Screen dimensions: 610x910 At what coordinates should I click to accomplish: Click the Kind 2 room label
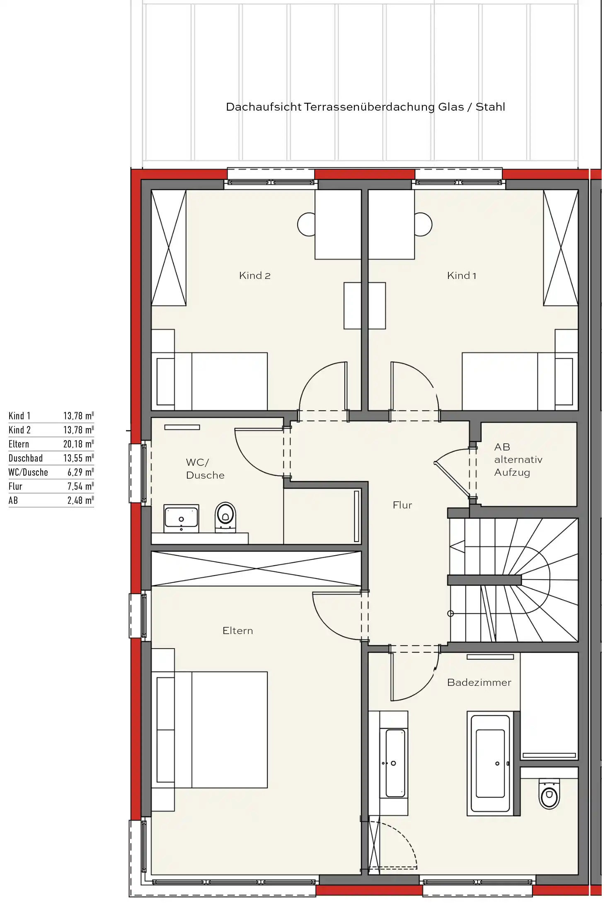(x=255, y=276)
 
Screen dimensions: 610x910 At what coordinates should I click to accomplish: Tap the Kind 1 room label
(x=462, y=276)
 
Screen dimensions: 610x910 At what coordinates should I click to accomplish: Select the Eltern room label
(x=237, y=631)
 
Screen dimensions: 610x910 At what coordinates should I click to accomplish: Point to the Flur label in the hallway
(x=402, y=505)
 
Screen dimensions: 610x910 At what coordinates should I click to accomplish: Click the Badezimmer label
(x=479, y=682)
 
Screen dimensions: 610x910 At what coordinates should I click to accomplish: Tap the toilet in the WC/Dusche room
(x=225, y=518)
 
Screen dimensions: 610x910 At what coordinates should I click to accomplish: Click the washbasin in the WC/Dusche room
(x=182, y=518)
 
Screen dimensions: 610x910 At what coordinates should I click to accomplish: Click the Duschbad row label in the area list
(x=26, y=458)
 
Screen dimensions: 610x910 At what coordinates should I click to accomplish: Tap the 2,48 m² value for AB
(x=80, y=501)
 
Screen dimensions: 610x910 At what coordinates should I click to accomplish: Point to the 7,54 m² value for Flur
(x=80, y=486)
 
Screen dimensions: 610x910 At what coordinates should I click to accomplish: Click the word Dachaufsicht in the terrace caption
(x=264, y=107)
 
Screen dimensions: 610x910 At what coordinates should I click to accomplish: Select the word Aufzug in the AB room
(x=512, y=473)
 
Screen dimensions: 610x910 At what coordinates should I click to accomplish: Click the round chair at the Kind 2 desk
(x=306, y=224)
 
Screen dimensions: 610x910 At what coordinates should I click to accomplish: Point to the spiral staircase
(x=514, y=580)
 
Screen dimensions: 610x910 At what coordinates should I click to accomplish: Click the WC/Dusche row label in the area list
(x=28, y=472)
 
